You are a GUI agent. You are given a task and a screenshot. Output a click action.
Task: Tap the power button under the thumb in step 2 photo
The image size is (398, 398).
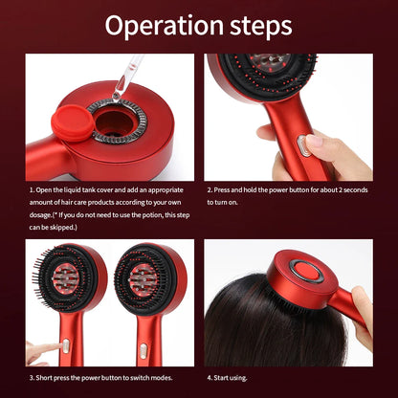point(304,146)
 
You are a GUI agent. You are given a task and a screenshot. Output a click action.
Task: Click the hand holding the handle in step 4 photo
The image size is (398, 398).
point(364,311)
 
